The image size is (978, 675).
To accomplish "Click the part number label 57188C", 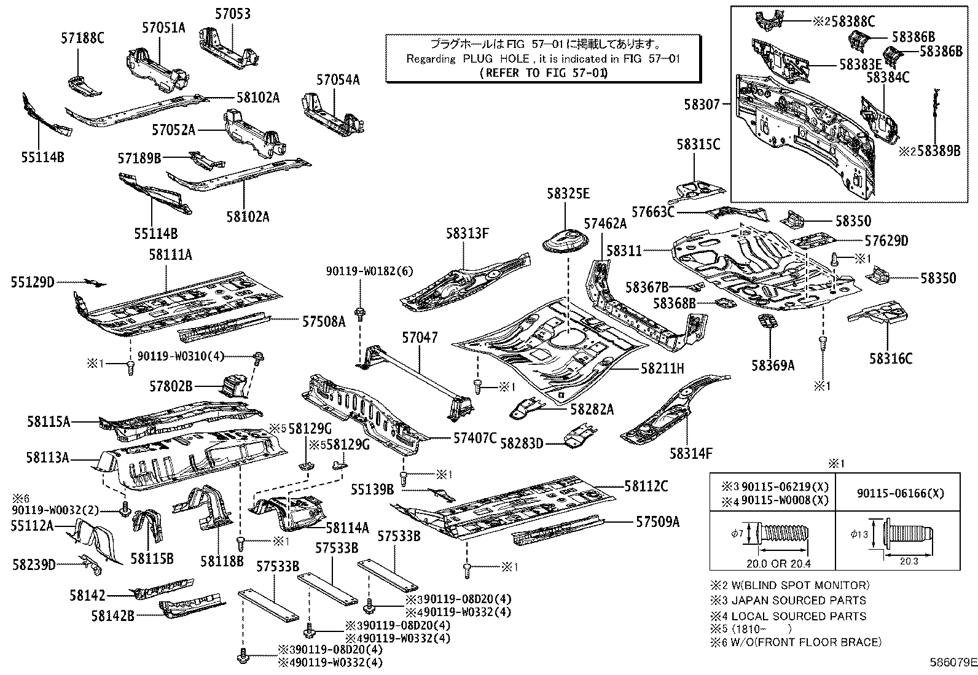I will (x=82, y=38).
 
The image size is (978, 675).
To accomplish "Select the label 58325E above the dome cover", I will (x=568, y=194).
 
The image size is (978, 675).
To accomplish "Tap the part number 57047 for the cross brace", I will (x=420, y=337).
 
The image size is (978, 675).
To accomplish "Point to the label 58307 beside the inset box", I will (x=702, y=105).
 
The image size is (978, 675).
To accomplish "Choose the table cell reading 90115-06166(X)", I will (x=899, y=493).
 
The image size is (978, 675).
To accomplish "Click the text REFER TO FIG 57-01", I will (x=542, y=72).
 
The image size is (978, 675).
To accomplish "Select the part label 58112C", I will (x=646, y=486).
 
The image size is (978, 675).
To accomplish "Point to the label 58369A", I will (x=772, y=365).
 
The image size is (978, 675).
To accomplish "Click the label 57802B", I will (x=171, y=386).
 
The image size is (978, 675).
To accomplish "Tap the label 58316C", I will (x=890, y=357).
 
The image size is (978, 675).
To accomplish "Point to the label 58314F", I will (x=690, y=453).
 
